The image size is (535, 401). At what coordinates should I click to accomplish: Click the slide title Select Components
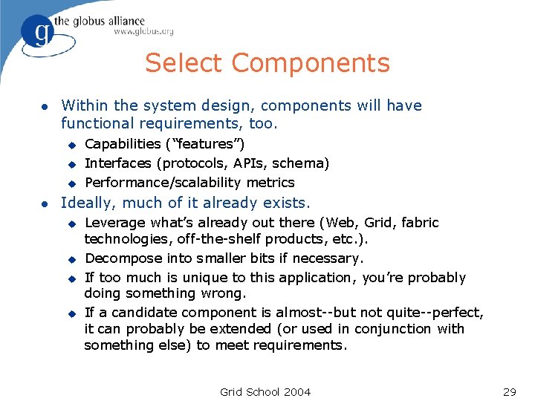267,63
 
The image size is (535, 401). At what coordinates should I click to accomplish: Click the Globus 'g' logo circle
36,32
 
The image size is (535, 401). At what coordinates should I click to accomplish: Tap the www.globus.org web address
143,32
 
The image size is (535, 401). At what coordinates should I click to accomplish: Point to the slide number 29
509,391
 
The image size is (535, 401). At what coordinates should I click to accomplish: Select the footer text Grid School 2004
265,391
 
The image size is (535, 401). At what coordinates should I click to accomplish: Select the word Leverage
115,222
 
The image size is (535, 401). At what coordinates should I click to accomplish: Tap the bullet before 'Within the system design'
45,106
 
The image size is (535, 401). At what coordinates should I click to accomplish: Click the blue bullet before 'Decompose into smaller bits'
72,259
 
